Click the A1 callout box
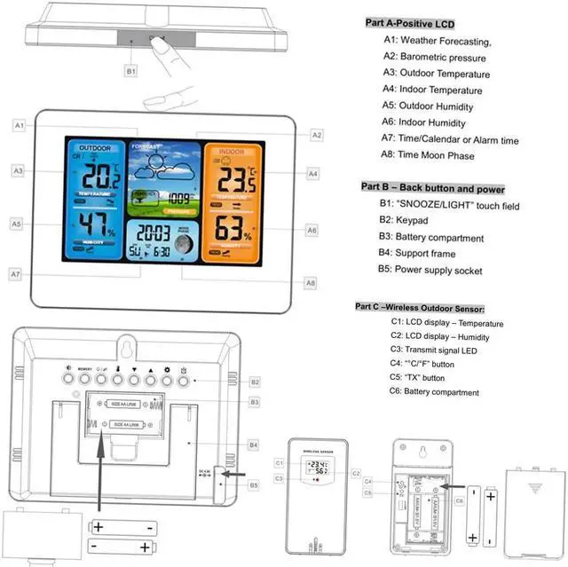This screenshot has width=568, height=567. point(19,126)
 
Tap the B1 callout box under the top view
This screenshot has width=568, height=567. point(131,69)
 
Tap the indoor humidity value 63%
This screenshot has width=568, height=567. point(232,230)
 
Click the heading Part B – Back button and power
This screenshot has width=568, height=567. point(432,189)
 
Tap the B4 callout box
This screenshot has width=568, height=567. point(253,443)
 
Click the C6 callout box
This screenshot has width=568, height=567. point(459,500)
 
